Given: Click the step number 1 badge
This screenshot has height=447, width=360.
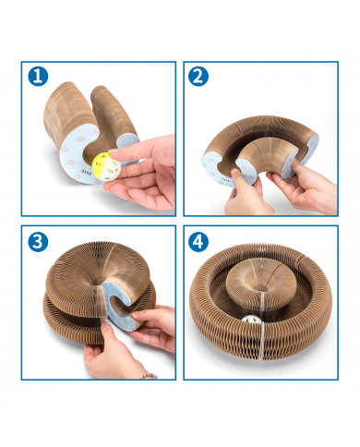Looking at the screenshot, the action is click(38, 76).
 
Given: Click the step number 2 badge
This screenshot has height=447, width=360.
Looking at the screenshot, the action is click(198, 76).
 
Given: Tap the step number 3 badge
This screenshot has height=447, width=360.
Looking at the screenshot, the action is click(38, 242).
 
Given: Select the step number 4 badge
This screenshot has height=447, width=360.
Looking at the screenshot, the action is click(198, 242).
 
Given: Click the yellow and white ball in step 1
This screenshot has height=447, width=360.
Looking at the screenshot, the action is click(102, 163).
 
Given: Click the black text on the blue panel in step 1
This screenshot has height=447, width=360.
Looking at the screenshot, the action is click(86, 172).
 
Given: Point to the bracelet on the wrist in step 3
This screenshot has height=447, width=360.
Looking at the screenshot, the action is click(150, 376).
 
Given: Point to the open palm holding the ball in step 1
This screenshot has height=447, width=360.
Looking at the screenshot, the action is click(141, 187).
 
